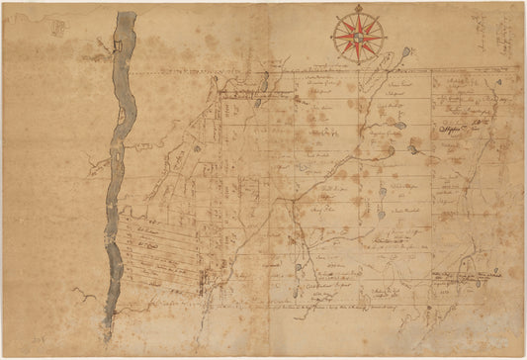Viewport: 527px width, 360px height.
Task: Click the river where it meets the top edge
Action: (x=125, y=14)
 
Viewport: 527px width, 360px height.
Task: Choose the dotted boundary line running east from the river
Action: (x=297, y=74)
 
